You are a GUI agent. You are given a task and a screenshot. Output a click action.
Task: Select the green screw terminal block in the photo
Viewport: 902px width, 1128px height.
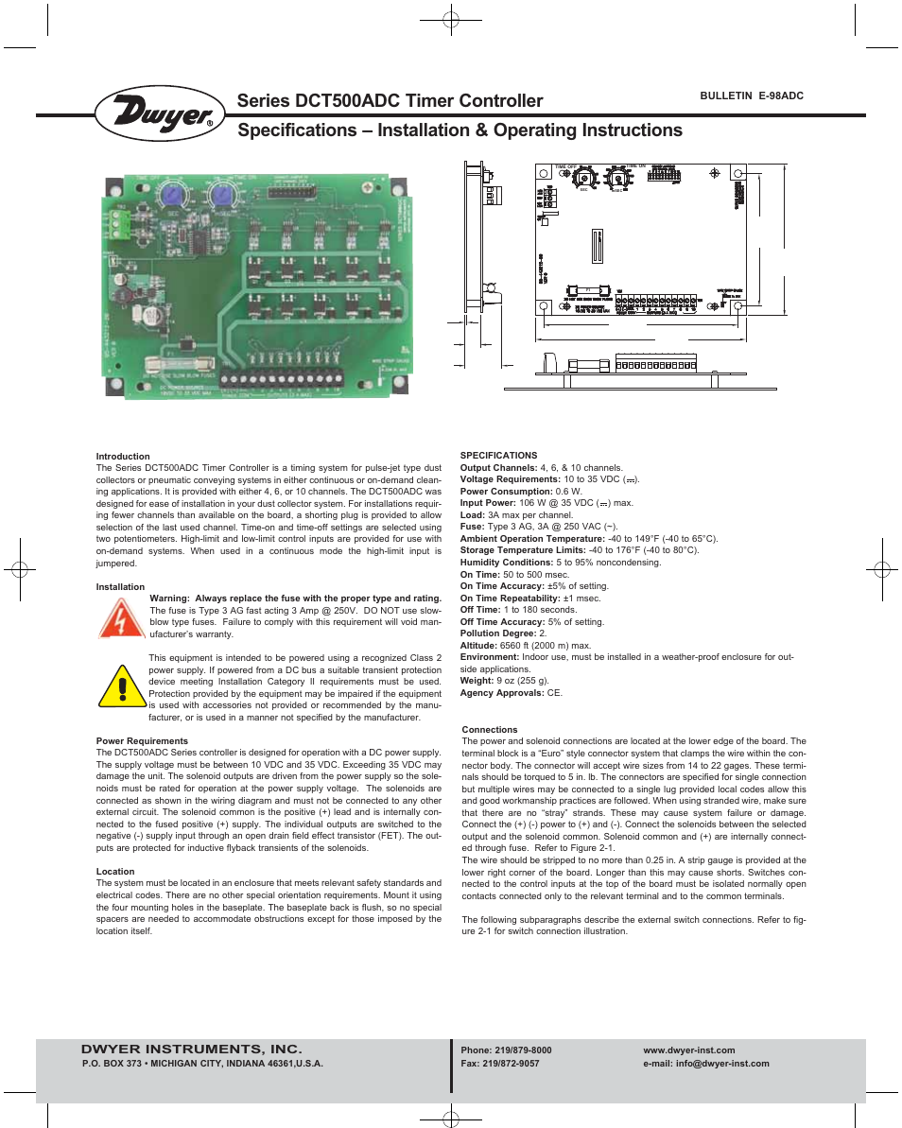(x=119, y=223)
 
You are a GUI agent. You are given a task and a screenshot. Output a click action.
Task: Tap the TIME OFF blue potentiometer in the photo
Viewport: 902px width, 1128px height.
(x=173, y=197)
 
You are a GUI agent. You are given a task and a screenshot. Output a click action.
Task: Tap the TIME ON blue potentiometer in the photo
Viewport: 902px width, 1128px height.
(x=223, y=197)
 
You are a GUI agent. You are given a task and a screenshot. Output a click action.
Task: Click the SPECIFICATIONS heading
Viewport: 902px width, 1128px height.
(x=498, y=456)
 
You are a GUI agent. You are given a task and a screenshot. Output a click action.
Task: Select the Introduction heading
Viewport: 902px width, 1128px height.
(x=123, y=457)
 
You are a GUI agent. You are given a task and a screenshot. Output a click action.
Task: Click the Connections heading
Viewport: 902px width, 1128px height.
(x=490, y=730)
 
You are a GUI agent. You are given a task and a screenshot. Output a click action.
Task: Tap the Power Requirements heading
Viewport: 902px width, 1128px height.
(x=142, y=741)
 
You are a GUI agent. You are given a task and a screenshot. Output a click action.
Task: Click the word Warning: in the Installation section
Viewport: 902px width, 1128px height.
(x=170, y=599)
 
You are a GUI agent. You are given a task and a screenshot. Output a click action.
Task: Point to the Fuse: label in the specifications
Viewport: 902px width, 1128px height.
(x=473, y=527)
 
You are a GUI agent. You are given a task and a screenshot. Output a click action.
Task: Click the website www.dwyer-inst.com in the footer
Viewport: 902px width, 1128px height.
(x=688, y=1050)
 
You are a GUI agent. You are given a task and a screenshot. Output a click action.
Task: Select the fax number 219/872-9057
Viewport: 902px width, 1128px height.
(x=500, y=1064)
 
